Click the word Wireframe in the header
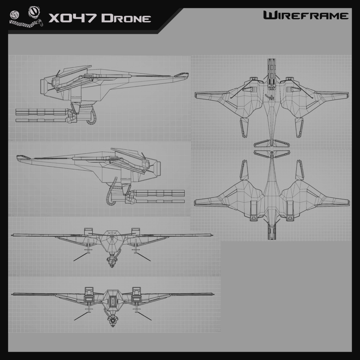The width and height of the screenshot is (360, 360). point(306,15)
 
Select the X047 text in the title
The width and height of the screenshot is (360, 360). point(72,18)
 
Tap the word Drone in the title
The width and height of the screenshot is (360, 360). point(126,18)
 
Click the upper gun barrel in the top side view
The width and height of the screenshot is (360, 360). point(43,112)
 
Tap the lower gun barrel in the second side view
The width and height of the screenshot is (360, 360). point(158,202)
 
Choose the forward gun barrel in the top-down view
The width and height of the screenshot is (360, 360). point(272,71)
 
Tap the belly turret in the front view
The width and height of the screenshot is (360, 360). point(112,259)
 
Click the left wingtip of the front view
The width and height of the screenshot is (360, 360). point(13,235)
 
